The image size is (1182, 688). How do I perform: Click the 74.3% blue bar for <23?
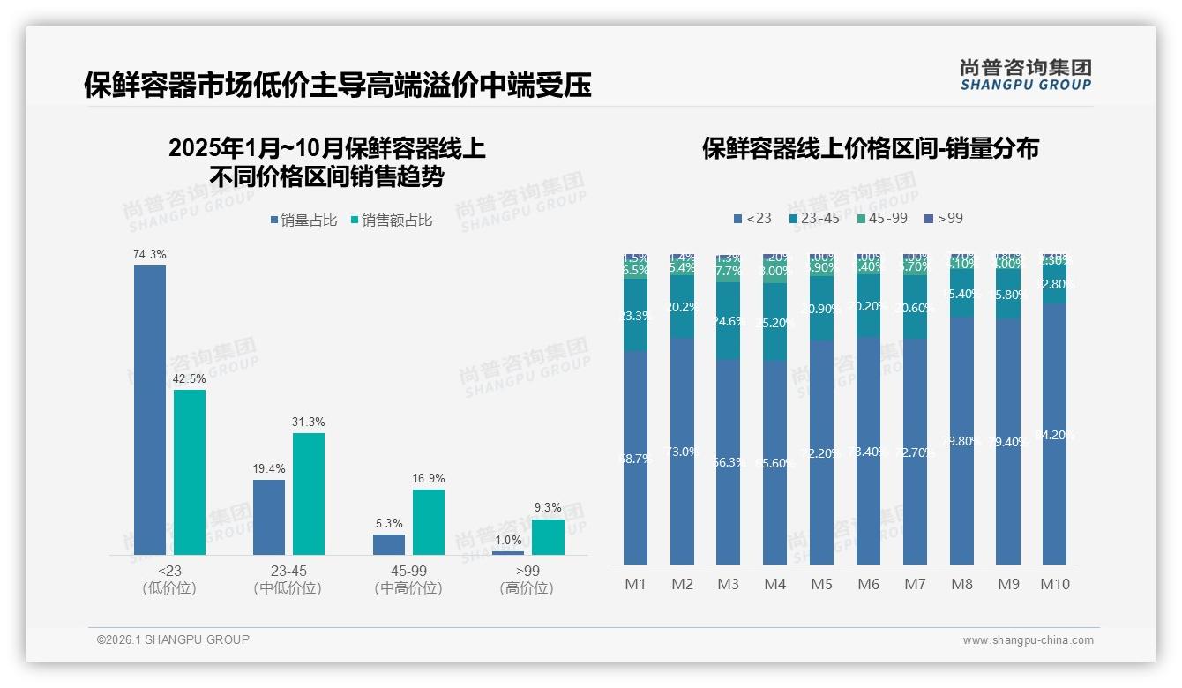coord(150,409)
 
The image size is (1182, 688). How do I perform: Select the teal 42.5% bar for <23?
coord(190,472)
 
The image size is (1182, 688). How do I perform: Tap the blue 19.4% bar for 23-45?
coord(269,517)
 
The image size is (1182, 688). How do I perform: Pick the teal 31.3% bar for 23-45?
coord(309,493)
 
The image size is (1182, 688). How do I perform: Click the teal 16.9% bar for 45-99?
coord(429,521)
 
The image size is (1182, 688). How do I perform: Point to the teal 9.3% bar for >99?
coord(548,536)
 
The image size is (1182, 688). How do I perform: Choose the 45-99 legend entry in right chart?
coord(882,218)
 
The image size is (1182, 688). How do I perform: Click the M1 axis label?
coord(636,584)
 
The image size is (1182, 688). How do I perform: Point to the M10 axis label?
coord(1055,584)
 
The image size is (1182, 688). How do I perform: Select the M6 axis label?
coord(869,584)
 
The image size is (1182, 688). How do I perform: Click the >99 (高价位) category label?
coord(527,580)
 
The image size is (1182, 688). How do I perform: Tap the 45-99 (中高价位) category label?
coord(408,580)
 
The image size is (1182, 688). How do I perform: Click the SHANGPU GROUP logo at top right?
coord(1026,75)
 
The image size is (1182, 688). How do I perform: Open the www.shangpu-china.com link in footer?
coord(1028,640)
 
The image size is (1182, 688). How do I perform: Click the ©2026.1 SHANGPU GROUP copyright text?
coord(173,639)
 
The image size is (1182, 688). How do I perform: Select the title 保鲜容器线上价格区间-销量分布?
coord(870,148)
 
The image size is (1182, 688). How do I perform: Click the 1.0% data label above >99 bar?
coord(508,540)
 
